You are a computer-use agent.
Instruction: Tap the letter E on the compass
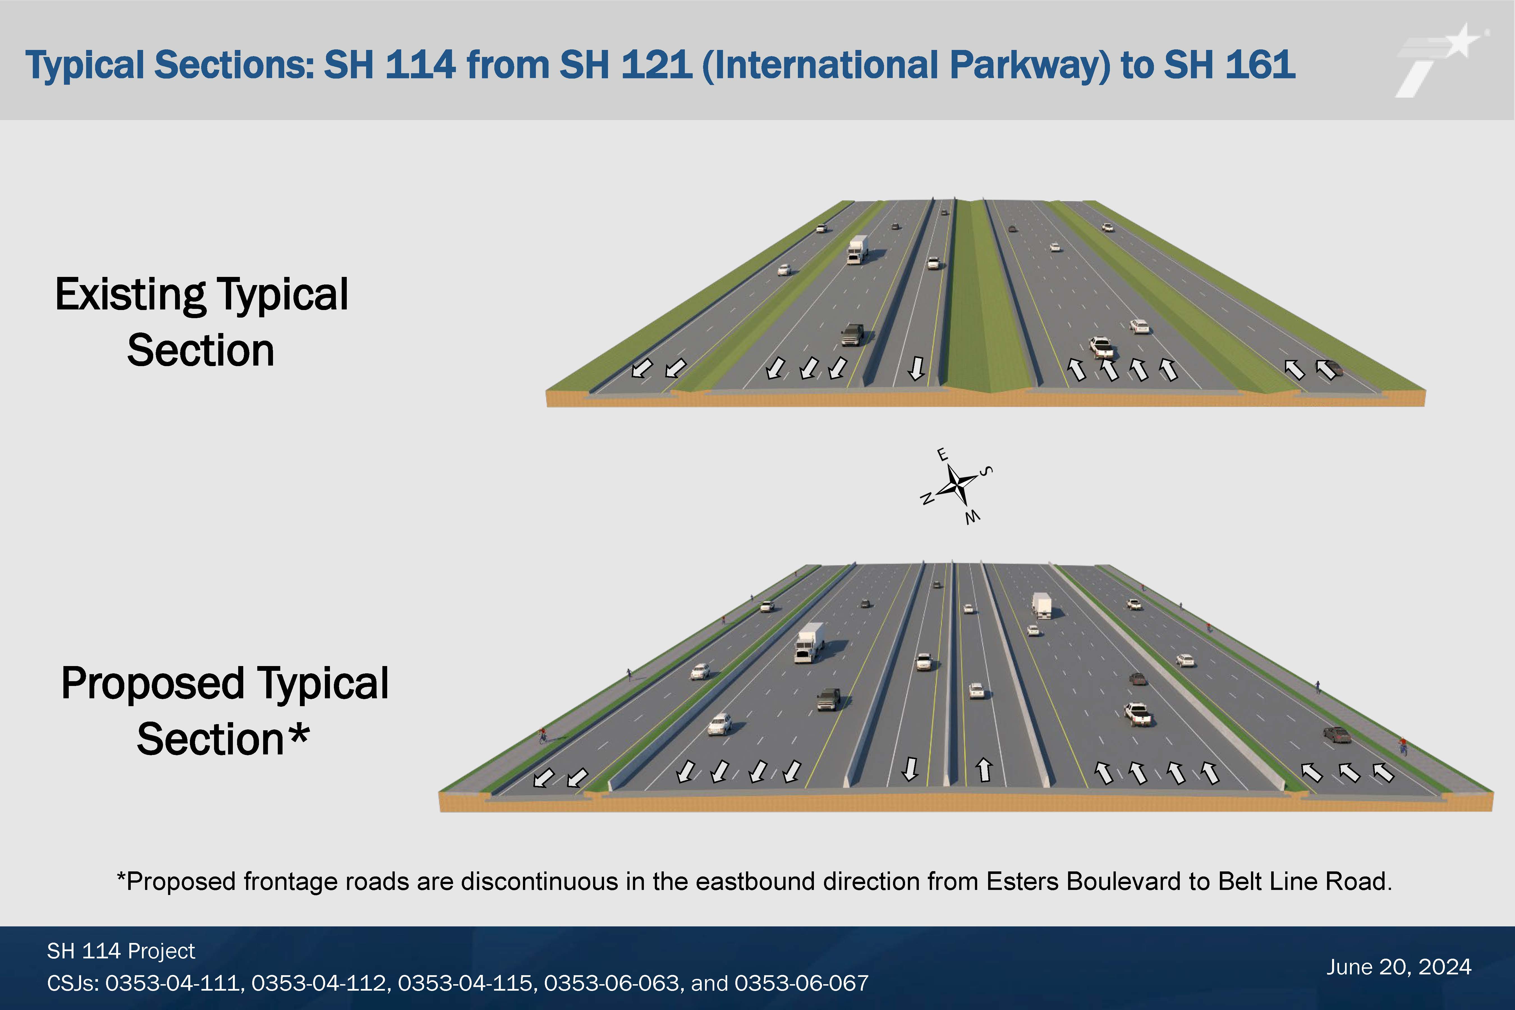pyautogui.click(x=942, y=455)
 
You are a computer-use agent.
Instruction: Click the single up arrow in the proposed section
pyautogui.click(x=984, y=769)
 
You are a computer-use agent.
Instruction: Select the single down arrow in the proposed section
pyautogui.click(x=910, y=768)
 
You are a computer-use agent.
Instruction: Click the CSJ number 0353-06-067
pyautogui.click(x=801, y=983)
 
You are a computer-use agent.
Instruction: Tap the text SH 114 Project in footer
pyautogui.click(x=121, y=951)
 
